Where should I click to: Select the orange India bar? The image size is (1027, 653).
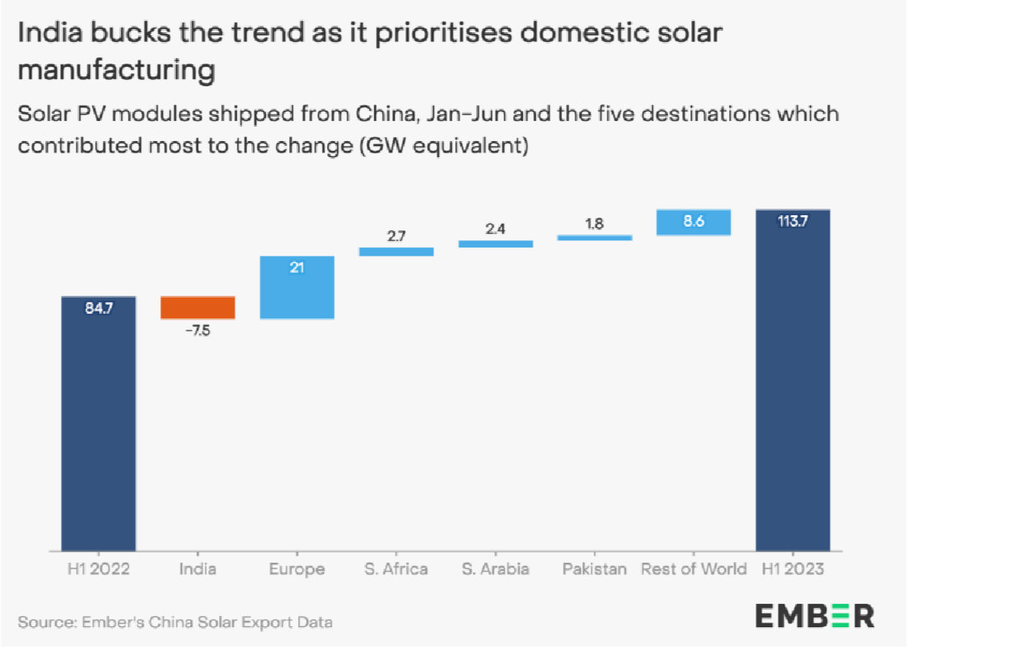[x=198, y=308]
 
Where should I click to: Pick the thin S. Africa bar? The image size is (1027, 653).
[x=396, y=252]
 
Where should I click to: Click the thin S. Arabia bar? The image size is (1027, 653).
[x=495, y=243]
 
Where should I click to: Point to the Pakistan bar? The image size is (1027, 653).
[x=594, y=238]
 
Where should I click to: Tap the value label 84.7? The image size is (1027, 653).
[x=98, y=308]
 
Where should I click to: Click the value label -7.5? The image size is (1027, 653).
[x=197, y=331]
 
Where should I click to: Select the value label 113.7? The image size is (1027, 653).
[x=793, y=222]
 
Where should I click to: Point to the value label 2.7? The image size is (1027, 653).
[x=396, y=236]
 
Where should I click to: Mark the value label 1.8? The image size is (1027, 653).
[x=594, y=224]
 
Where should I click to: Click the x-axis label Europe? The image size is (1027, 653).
[x=297, y=569]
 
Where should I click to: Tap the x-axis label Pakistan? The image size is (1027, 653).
[x=594, y=569]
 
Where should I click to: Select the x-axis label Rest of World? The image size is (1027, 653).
[x=694, y=569]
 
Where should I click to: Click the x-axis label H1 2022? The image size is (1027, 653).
[x=98, y=569]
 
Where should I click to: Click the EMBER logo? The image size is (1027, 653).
[x=814, y=617]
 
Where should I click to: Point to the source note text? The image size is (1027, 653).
[x=175, y=622]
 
